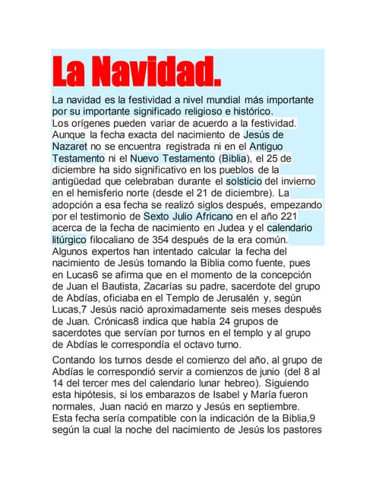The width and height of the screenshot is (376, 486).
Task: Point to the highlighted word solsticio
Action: click(244, 182)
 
